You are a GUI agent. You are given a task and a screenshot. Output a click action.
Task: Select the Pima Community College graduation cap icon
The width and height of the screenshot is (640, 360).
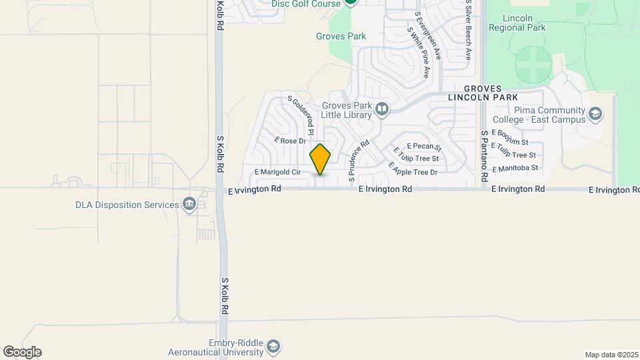[595, 115]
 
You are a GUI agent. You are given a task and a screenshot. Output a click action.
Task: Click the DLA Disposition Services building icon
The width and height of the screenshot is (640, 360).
[189, 204]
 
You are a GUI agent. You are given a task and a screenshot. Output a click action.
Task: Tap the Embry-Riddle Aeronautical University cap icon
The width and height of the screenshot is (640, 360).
[273, 347]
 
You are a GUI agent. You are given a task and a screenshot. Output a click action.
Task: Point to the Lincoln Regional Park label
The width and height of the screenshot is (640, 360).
[517, 23]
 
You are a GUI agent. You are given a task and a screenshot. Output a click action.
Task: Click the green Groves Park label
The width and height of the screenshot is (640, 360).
[341, 36]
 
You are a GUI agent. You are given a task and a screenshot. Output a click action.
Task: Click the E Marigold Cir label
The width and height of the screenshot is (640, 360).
[278, 172]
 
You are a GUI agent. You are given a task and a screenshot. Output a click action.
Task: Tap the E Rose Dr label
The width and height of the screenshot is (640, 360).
[289, 141]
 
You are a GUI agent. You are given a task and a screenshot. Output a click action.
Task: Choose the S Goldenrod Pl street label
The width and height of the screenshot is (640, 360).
[301, 115]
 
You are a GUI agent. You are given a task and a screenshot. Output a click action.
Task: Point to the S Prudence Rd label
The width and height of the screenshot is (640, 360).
[359, 161]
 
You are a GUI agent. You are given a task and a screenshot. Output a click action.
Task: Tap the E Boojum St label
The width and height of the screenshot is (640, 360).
[509, 138]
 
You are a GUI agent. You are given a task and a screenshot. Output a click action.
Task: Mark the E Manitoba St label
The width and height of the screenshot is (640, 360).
[515, 168]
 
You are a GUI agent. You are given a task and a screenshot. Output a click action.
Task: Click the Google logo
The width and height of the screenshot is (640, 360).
[21, 352]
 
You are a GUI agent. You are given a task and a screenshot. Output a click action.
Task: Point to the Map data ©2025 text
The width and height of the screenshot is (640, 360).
[611, 355]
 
